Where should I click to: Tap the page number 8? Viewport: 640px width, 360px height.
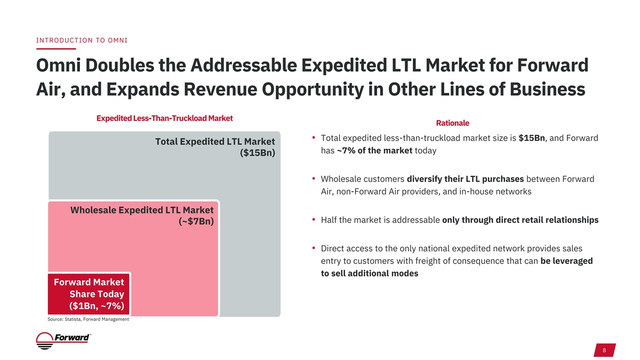604,350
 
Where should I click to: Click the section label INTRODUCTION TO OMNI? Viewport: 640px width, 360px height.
82,41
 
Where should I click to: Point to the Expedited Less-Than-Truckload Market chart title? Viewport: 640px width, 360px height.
164,117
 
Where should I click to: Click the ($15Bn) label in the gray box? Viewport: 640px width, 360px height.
257,154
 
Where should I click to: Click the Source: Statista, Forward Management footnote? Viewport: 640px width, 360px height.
88,319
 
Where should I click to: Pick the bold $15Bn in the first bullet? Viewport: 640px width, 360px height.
531,138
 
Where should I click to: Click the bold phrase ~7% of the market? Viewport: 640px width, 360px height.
374,150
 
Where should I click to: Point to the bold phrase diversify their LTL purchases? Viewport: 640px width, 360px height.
465,179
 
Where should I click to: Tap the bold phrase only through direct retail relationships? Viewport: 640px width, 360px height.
520,220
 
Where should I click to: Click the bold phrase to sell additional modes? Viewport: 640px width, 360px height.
369,273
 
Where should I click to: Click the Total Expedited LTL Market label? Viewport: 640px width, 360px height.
214,142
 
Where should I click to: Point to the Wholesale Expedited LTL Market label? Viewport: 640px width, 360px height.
142,210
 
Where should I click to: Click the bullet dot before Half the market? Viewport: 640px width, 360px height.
315,219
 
